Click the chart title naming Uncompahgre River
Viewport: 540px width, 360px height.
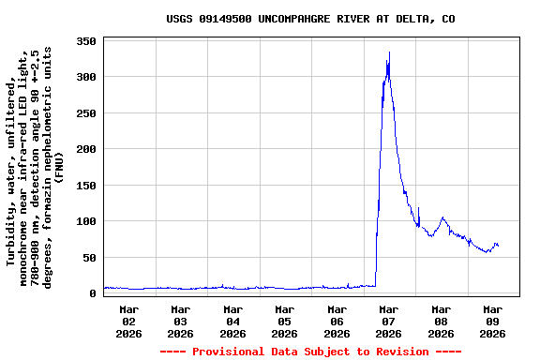tap(310, 19)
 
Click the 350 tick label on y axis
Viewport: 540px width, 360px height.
tap(86, 42)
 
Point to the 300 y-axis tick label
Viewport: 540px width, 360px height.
tap(86, 78)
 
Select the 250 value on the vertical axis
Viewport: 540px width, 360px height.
tap(86, 113)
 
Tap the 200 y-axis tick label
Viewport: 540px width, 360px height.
tap(86, 150)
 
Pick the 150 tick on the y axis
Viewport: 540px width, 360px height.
tap(86, 186)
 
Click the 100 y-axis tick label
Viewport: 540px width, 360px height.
tap(86, 222)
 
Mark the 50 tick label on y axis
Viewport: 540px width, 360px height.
tap(90, 258)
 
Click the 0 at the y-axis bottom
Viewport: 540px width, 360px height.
tap(93, 293)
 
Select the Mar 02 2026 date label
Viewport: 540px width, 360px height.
tap(129, 321)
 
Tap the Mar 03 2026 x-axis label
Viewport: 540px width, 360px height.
tap(181, 321)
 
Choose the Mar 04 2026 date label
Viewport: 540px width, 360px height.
tap(233, 321)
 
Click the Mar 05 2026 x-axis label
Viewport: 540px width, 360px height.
tap(285, 321)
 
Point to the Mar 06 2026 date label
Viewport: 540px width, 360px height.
tap(337, 321)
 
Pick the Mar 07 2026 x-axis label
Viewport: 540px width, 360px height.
tap(389, 321)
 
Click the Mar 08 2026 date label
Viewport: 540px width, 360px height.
tap(441, 321)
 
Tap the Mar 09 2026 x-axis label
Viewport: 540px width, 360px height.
tap(492, 321)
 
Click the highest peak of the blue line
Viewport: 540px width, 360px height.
tap(389, 52)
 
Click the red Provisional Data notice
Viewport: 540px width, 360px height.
tap(310, 352)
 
